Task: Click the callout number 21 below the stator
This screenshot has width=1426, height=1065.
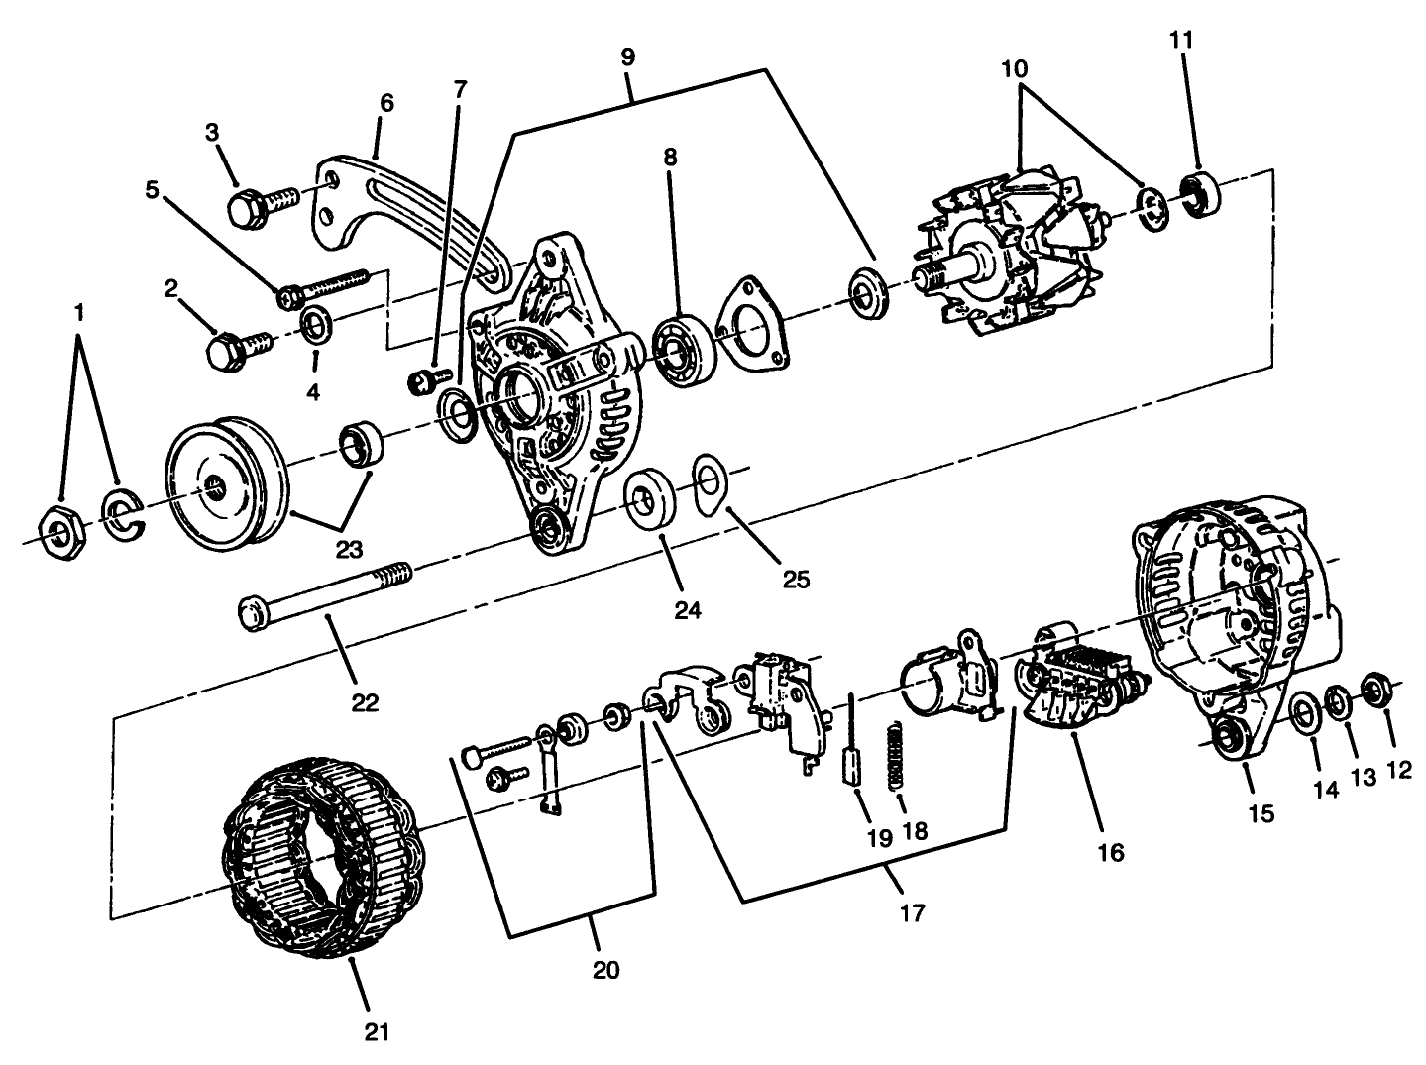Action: (x=375, y=1033)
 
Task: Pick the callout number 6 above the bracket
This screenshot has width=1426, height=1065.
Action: (x=385, y=103)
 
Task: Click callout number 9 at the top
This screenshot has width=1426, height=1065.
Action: (x=627, y=56)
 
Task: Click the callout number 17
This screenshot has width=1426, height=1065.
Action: (x=911, y=912)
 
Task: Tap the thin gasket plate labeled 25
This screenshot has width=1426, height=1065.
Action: (x=708, y=484)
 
